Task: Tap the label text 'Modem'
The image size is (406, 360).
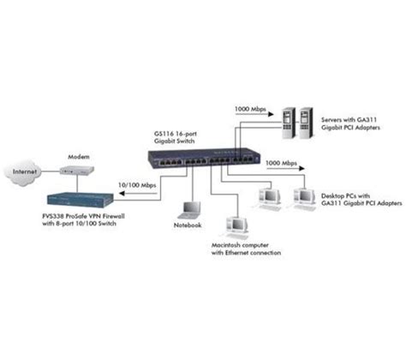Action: coord(80,158)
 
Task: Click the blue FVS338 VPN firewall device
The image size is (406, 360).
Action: coord(81,191)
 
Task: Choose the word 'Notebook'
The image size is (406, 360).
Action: coord(188,225)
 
